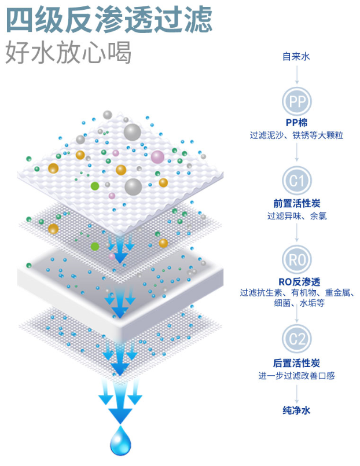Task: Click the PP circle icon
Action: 297,102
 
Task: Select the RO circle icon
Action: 297,260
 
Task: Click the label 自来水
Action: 297,57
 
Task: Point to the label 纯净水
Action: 297,410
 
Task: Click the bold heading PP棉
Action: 297,123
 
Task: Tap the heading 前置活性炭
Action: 297,203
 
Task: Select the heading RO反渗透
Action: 297,281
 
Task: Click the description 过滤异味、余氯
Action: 297,216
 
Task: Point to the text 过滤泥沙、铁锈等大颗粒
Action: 297,135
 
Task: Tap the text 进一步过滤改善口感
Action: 297,376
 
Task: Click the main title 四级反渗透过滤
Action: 109,20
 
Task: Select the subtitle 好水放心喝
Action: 68,53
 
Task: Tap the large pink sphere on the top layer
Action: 157,156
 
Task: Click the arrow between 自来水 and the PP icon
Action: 297,75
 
